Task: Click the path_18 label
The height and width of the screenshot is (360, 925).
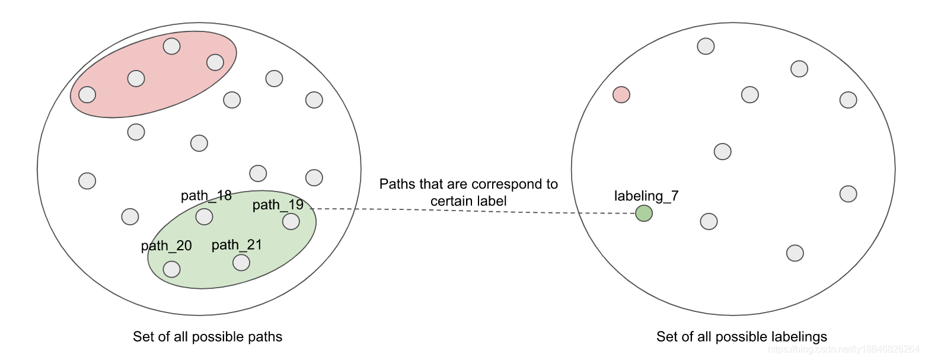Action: coord(206,196)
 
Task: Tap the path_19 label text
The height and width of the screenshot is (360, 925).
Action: coord(277,205)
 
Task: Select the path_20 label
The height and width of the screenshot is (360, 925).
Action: coord(166,246)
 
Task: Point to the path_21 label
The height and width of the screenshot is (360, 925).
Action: coord(237,245)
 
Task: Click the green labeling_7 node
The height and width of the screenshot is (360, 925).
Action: coord(643,214)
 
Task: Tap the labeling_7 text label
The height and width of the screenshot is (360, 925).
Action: coord(646,196)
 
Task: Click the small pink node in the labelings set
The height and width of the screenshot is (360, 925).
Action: coord(621,95)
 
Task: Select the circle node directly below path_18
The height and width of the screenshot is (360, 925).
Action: coord(204,216)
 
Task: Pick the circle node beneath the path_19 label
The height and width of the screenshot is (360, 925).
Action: coord(291,221)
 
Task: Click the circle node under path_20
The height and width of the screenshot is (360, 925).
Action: coord(171,269)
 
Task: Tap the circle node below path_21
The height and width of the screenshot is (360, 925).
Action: coord(241,262)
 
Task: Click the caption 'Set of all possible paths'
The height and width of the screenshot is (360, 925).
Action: coord(208,337)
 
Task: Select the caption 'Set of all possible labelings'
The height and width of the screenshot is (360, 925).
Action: coord(741,337)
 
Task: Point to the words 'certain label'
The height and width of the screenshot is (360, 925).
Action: coord(468,201)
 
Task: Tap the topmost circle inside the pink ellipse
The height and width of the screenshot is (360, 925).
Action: coord(171,46)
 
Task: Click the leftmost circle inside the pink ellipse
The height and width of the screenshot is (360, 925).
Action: coord(87,94)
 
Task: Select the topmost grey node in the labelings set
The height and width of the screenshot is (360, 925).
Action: coord(705,46)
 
